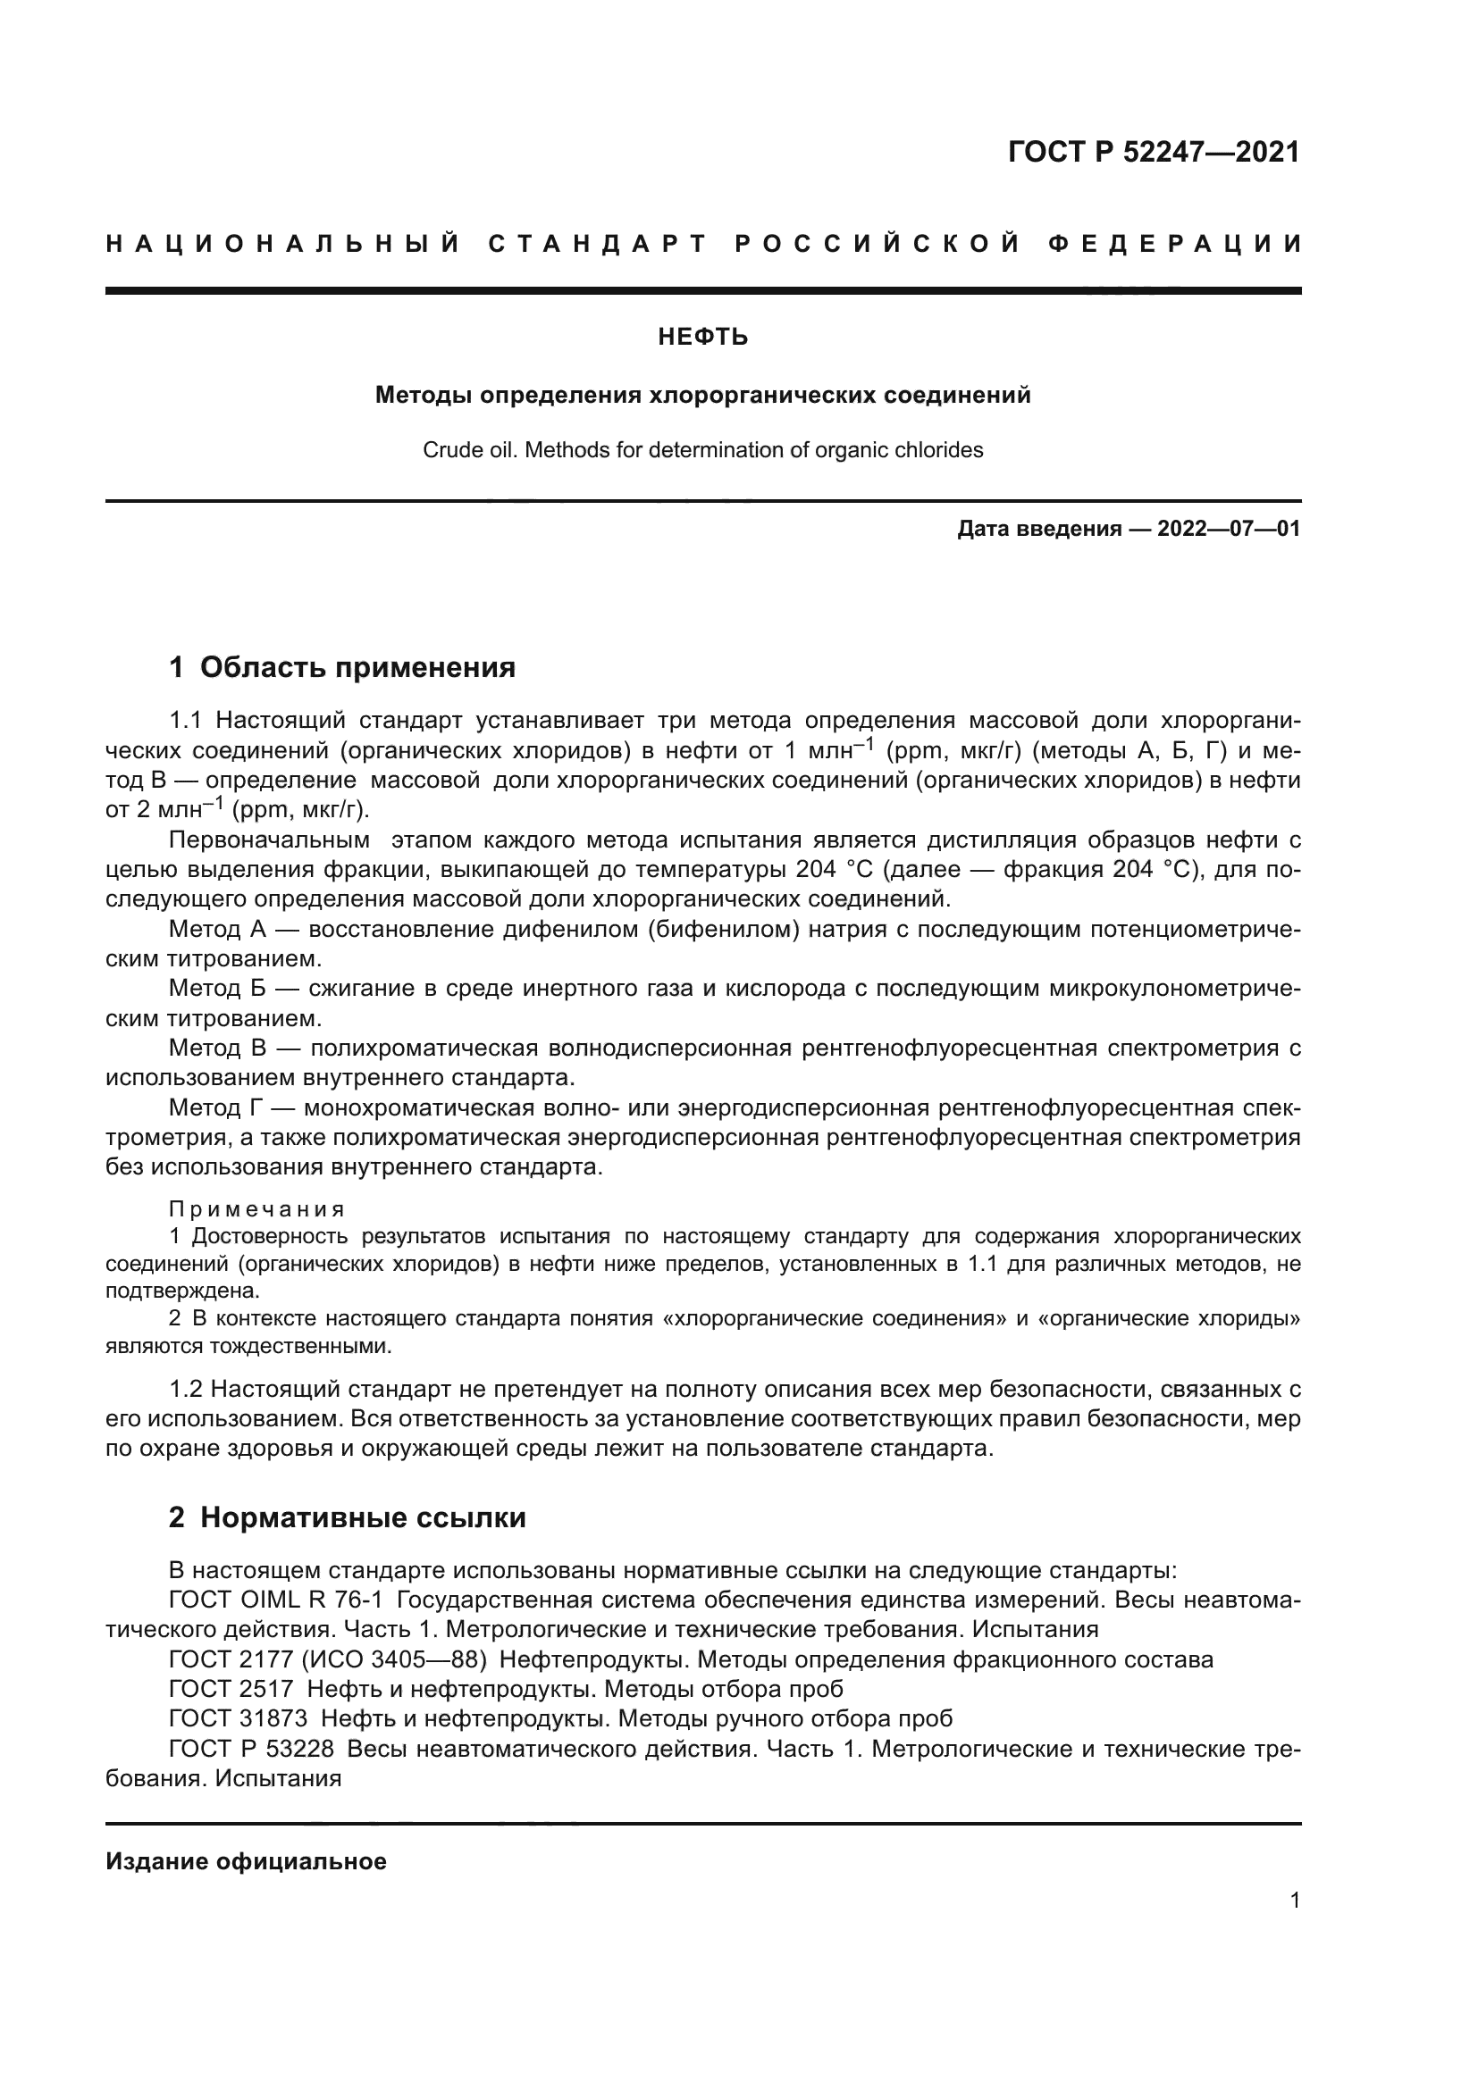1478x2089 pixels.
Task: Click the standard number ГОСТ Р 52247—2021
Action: click(1153, 152)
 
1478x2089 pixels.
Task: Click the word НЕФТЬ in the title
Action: click(702, 338)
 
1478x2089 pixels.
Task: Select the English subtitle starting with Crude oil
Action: click(702, 450)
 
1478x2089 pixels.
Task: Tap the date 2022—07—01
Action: click(1229, 529)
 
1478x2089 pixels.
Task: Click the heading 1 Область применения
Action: click(342, 667)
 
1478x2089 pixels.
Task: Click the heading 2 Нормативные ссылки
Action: click(347, 1517)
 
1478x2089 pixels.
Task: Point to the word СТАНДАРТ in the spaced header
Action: click(597, 244)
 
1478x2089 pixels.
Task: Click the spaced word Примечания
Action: click(257, 1209)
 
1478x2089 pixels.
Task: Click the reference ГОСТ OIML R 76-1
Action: click(276, 1600)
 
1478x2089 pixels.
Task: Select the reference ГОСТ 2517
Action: click(231, 1689)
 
